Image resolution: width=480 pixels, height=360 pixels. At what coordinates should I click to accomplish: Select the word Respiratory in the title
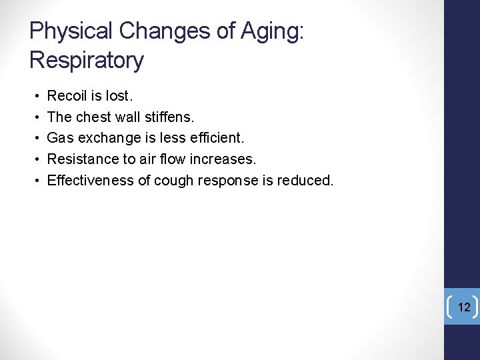[x=86, y=61]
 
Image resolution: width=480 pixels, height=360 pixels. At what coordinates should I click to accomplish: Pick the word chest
[x=99, y=117]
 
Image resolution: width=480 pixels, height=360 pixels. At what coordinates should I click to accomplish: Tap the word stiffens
[x=169, y=117]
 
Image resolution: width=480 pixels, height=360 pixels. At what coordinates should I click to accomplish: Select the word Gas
[x=59, y=138]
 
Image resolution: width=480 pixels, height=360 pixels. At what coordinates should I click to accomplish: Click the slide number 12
[x=464, y=307]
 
